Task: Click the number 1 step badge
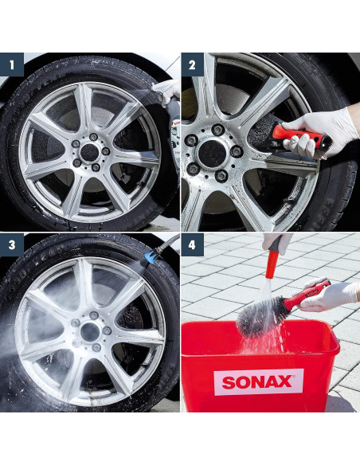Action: tap(12, 64)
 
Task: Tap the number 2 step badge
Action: tap(192, 64)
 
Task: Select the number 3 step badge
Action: tap(12, 245)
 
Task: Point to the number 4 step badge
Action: tap(192, 245)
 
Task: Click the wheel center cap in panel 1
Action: tap(89, 152)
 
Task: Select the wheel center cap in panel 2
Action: tap(213, 154)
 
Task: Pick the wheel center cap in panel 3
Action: tap(90, 332)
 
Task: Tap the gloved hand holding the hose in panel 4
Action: tap(276, 243)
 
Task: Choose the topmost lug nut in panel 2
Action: tap(217, 129)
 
